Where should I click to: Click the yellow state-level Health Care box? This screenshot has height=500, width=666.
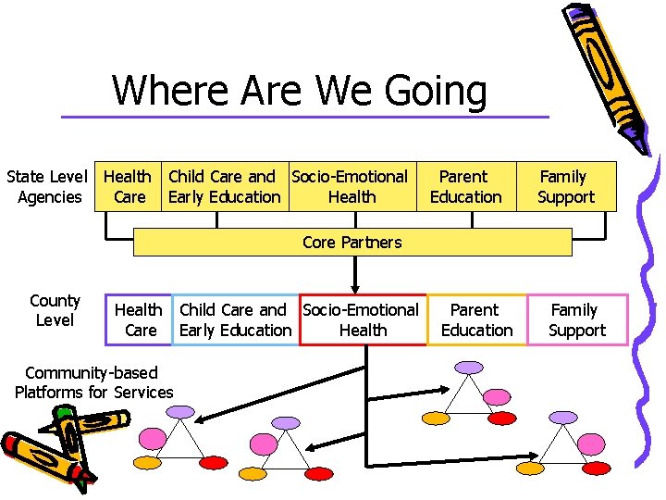tap(128, 186)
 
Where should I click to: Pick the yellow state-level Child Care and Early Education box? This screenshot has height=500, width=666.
tap(224, 186)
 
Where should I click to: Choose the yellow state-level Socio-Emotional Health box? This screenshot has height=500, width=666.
tap(351, 186)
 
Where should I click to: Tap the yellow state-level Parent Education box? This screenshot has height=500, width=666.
tap(465, 186)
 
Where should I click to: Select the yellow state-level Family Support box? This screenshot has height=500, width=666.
tap(565, 186)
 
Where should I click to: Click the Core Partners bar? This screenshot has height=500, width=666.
tap(352, 243)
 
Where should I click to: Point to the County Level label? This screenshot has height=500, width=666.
tap(55, 310)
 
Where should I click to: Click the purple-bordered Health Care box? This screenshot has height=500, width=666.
tap(139, 319)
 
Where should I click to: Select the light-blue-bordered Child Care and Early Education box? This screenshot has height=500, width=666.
tap(235, 319)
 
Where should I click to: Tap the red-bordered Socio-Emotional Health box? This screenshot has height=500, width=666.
tap(362, 319)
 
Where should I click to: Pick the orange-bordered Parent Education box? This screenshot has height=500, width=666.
tap(476, 319)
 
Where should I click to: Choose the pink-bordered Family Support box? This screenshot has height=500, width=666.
tap(577, 319)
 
